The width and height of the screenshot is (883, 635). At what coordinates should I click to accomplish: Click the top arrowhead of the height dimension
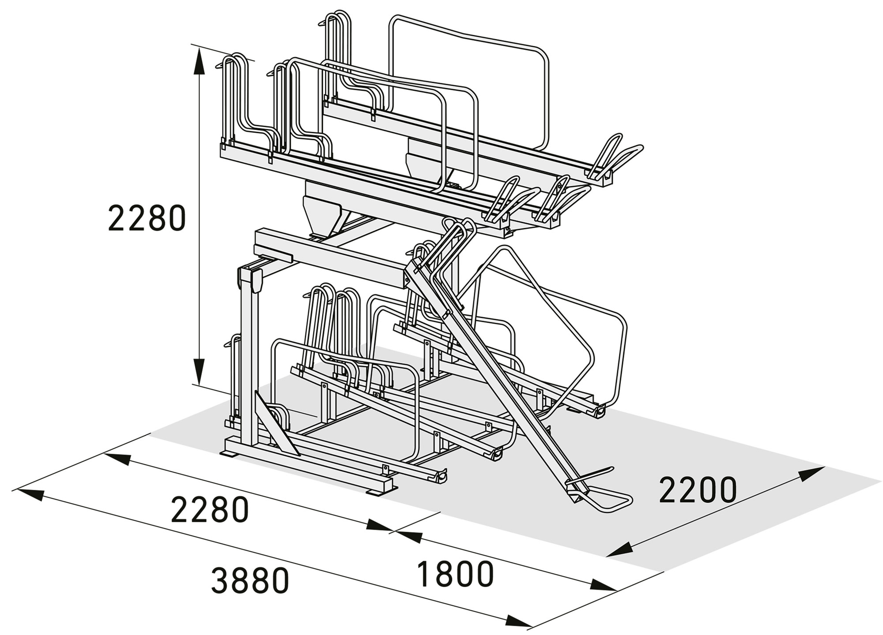[200, 60]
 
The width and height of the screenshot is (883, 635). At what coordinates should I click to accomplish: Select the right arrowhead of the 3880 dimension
[519, 620]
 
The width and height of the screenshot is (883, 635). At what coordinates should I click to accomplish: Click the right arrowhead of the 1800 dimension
[603, 585]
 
